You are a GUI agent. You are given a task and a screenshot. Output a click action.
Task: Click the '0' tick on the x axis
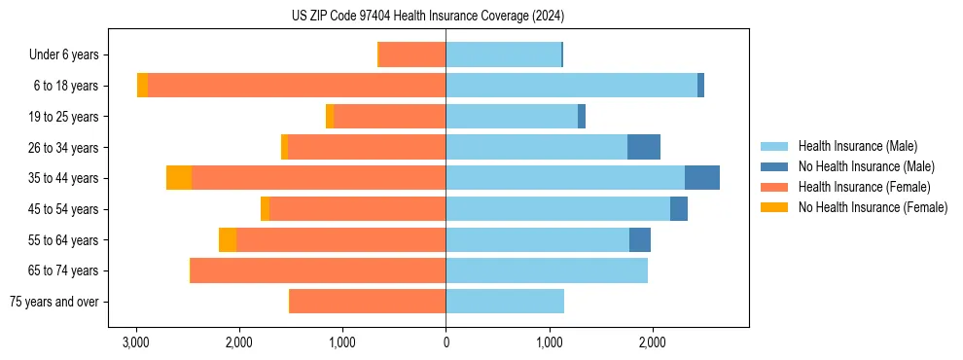point(446,342)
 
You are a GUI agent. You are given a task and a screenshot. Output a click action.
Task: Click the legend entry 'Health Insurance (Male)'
point(857,146)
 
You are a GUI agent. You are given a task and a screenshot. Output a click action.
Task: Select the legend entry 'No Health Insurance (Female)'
point(873,207)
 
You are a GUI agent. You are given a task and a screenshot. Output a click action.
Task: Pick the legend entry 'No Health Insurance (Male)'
point(866,166)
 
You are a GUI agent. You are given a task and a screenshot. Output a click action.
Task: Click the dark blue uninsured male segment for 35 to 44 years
point(702,178)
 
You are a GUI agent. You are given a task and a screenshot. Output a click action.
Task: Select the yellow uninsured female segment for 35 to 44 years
point(179,178)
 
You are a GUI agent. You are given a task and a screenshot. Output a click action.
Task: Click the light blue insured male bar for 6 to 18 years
point(571,86)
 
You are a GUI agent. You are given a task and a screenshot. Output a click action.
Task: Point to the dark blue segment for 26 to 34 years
point(644,147)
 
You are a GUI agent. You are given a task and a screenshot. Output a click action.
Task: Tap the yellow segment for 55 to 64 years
point(228,239)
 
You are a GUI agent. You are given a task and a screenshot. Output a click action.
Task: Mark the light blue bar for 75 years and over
point(505,302)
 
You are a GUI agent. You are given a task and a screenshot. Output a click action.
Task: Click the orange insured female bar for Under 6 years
point(412,54)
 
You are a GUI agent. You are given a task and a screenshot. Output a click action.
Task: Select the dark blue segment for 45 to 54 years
point(679,209)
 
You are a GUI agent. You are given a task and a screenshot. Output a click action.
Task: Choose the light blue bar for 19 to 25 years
point(512,117)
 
